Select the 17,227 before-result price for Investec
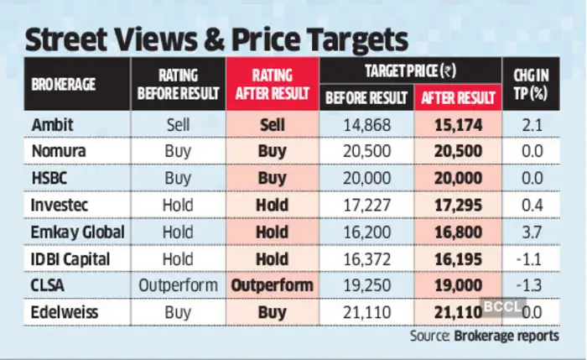tap(366, 205)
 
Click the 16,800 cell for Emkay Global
tap(456, 231)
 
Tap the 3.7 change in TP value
tap(529, 231)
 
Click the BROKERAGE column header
tap(64, 85)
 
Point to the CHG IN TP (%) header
tap(529, 85)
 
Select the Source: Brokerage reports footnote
tap(484, 336)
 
